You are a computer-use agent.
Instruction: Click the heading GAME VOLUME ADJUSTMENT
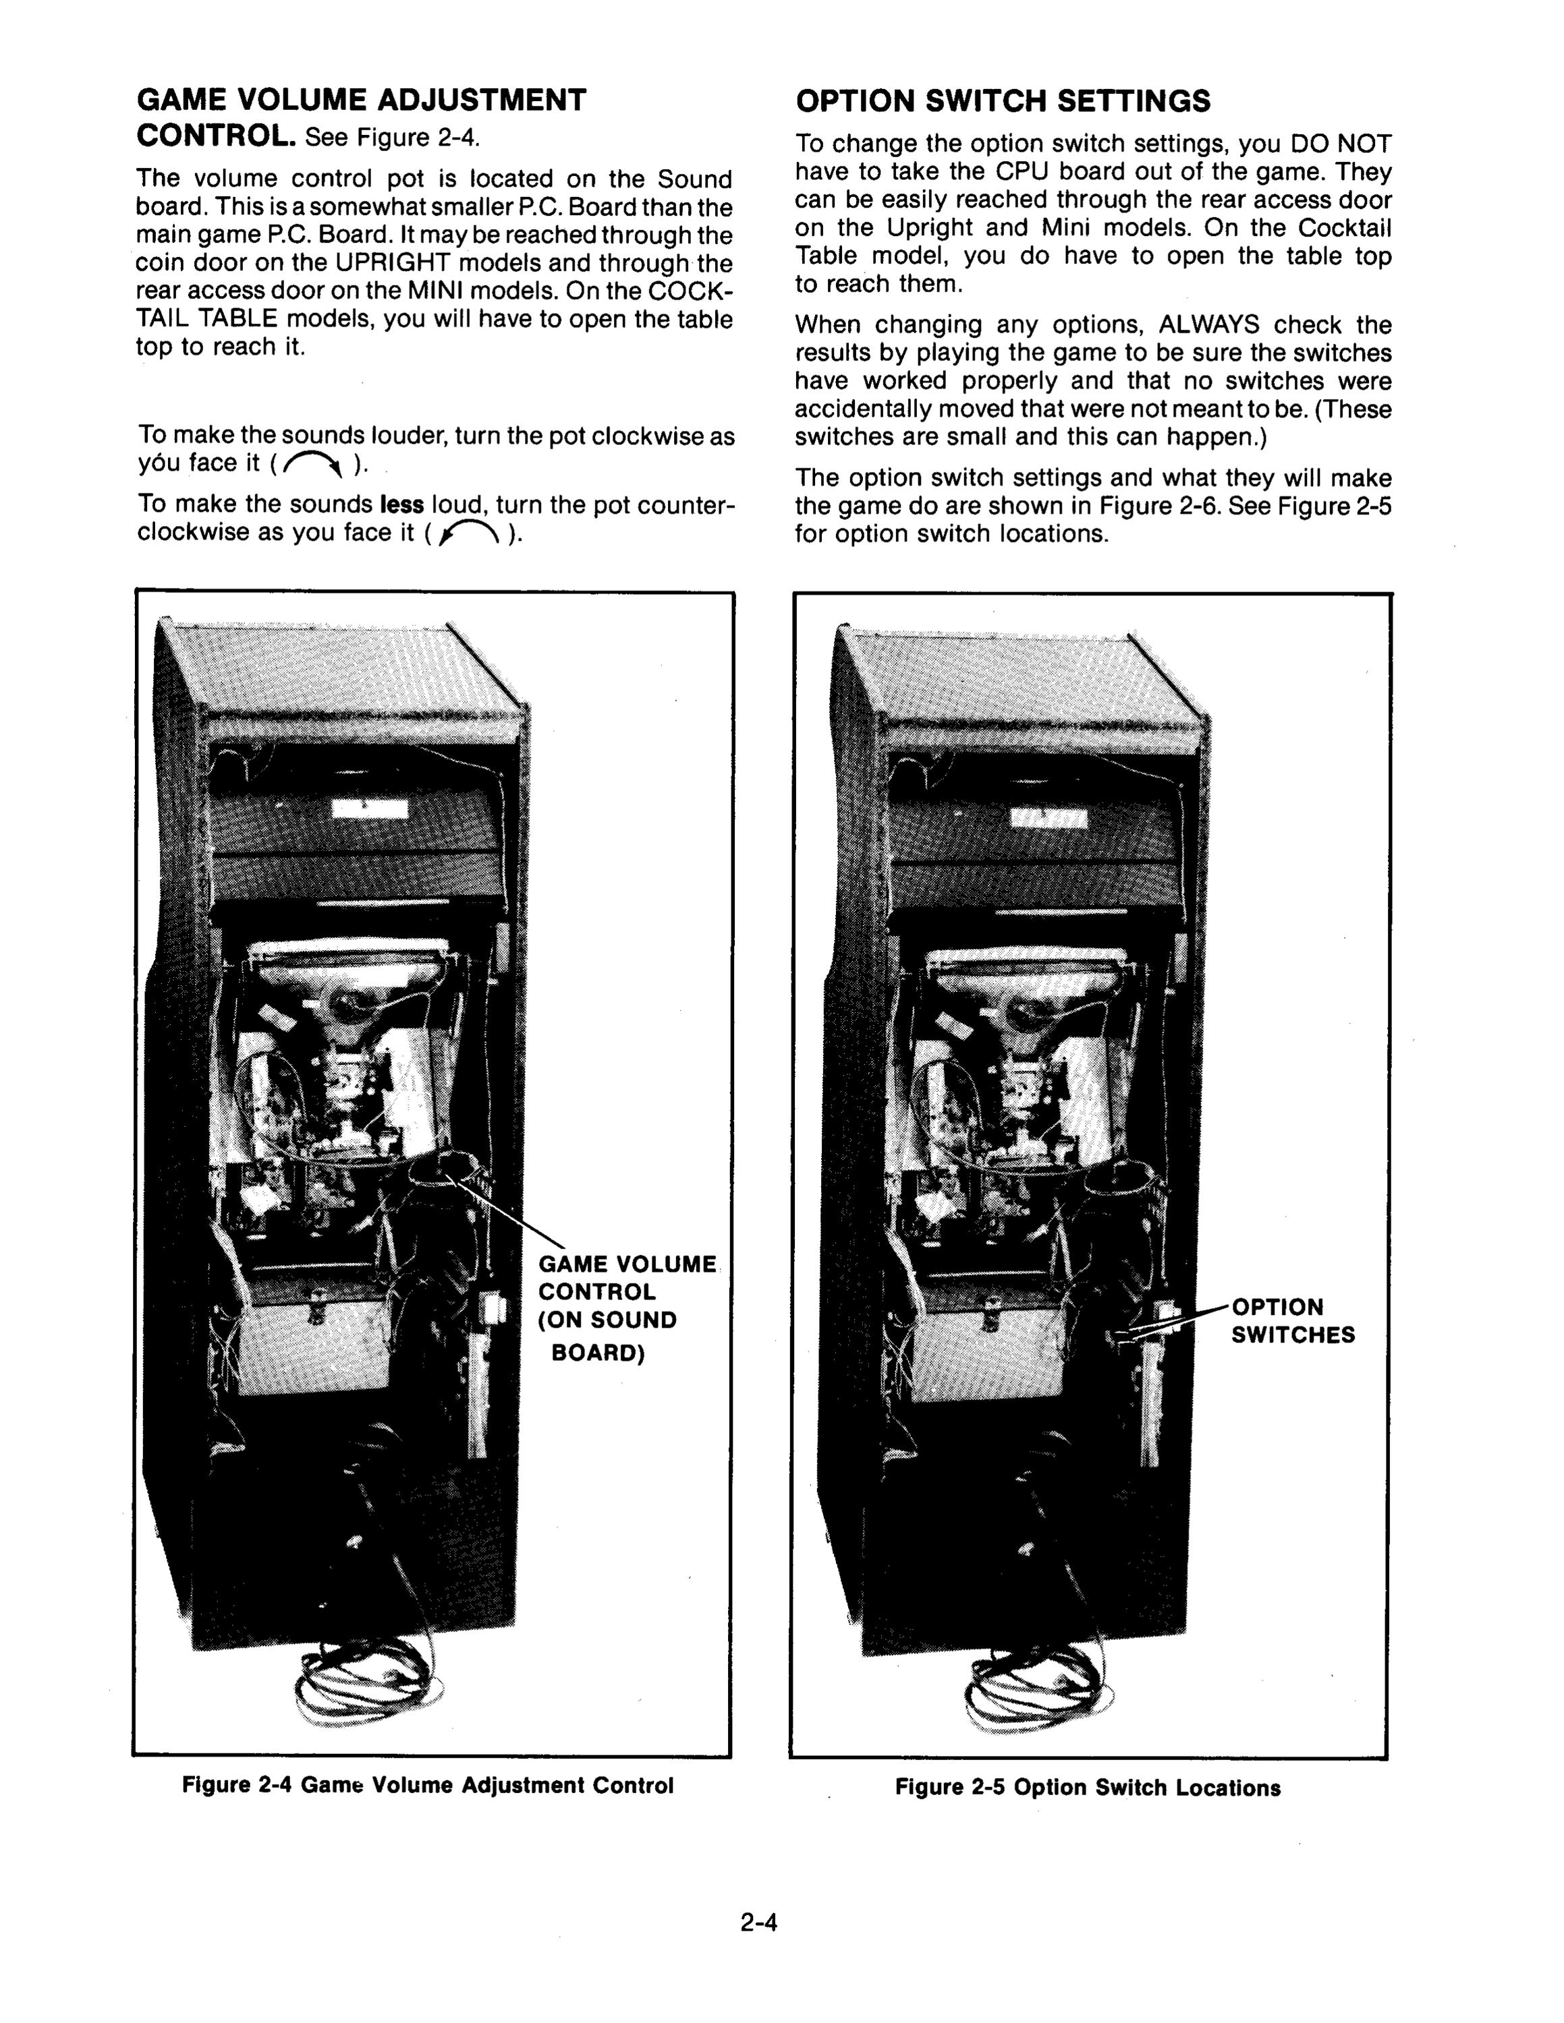pos(362,100)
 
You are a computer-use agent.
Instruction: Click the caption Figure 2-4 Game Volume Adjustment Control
pos(428,1785)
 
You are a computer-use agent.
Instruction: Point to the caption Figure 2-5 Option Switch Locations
pos(1088,1787)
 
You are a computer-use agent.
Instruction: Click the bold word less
pos(402,505)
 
